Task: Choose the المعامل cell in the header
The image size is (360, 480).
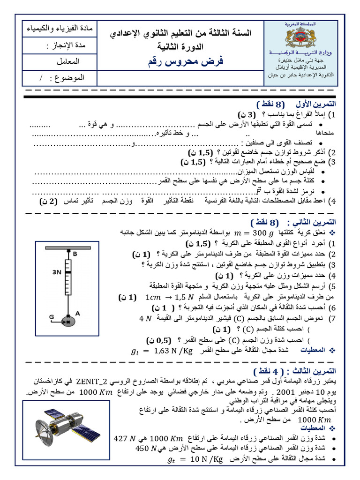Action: pos(71,61)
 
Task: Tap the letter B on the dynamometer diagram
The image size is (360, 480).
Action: pos(74,254)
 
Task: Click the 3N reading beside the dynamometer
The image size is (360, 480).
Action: pos(57,272)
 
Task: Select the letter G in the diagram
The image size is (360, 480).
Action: pos(52,317)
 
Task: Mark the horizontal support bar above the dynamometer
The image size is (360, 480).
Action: pos(68,247)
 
